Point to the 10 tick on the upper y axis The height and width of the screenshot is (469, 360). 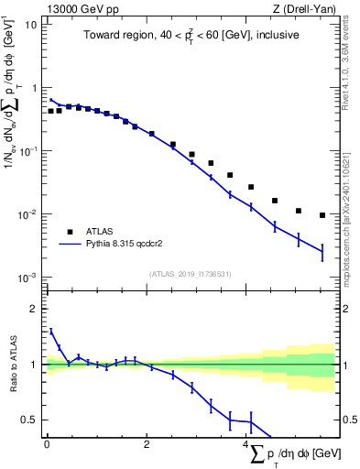tap(33, 25)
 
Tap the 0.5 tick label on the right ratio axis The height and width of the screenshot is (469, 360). tap(349, 420)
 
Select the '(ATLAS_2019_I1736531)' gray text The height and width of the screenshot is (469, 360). tap(190, 274)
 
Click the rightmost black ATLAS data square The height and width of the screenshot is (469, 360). tap(322, 215)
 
